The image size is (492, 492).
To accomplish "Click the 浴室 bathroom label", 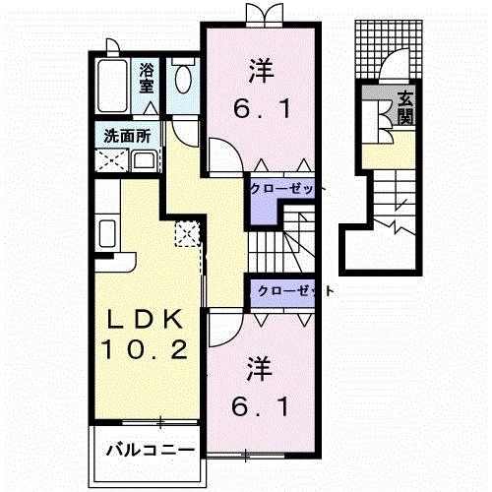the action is pos(147,79).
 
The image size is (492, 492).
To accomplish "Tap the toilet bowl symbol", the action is pos(183,79).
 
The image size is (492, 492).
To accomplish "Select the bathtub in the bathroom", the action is pos(112,86).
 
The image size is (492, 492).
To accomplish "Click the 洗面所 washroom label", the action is pos(127,136).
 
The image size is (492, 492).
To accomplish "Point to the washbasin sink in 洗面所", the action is pos(145,161).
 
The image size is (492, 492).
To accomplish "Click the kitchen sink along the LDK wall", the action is pos(107,233).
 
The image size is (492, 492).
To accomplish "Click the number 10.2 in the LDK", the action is pos(145,349).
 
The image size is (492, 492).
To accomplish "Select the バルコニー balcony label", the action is pos(151,450).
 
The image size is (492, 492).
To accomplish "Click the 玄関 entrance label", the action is pos(404,108).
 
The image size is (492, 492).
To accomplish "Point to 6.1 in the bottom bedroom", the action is pos(261,406).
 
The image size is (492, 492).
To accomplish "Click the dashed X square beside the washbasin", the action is pos(111,160).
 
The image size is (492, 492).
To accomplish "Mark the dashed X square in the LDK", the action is pos(187,234).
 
